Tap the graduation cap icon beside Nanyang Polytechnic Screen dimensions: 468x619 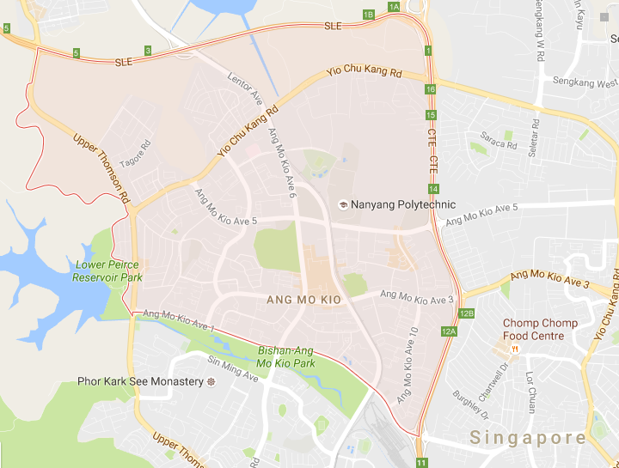(x=343, y=204)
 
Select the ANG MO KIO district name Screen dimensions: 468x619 (x=303, y=299)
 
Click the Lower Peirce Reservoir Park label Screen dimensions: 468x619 (x=107, y=270)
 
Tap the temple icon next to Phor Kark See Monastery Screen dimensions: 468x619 (x=210, y=380)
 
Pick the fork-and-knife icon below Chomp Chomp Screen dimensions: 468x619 (x=514, y=349)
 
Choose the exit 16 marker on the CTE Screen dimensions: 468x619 (x=431, y=89)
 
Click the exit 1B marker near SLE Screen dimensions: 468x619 (x=369, y=15)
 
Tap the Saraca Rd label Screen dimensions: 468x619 (x=499, y=141)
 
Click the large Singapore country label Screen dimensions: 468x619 (x=528, y=438)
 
